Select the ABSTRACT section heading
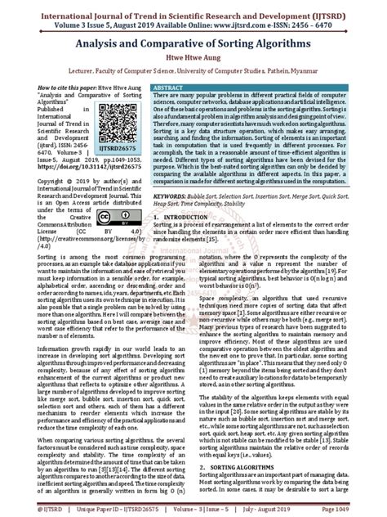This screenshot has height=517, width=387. click(169, 86)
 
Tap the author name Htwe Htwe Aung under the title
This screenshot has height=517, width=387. click(193, 60)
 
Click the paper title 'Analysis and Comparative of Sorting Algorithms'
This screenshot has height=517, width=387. click(193, 45)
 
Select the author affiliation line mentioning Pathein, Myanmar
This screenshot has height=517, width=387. click(193, 73)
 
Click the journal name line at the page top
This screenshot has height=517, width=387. click(193, 11)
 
